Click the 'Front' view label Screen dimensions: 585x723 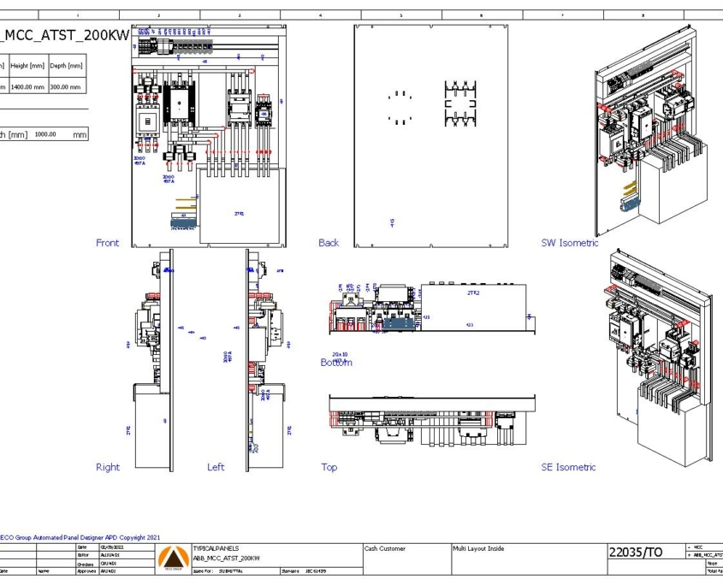coord(108,243)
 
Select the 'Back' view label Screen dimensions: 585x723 coord(329,243)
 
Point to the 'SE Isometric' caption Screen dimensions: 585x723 coord(568,467)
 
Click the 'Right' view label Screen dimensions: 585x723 coord(108,467)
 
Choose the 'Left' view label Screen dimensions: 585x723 coord(216,467)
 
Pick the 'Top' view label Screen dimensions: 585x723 coord(329,467)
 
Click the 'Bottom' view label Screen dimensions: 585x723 coord(336,363)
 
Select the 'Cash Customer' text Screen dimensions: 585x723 coord(385,548)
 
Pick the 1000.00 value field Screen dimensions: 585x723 coord(45,134)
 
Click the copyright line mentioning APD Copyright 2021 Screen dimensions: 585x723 coord(80,537)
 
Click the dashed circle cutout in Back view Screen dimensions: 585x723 coord(400,108)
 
